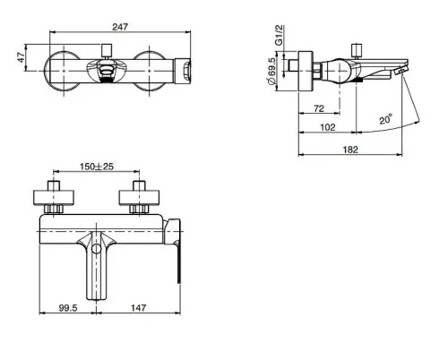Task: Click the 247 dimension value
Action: [x=120, y=27]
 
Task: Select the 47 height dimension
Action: [x=22, y=57]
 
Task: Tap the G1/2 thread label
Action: [x=279, y=35]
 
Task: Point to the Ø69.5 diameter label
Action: [x=271, y=72]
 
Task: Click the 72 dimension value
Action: [x=319, y=108]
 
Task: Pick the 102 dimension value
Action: [x=328, y=127]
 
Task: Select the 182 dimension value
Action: [x=350, y=150]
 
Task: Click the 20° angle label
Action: [x=386, y=119]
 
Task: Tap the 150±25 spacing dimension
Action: [x=97, y=167]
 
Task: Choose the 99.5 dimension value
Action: [x=68, y=307]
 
